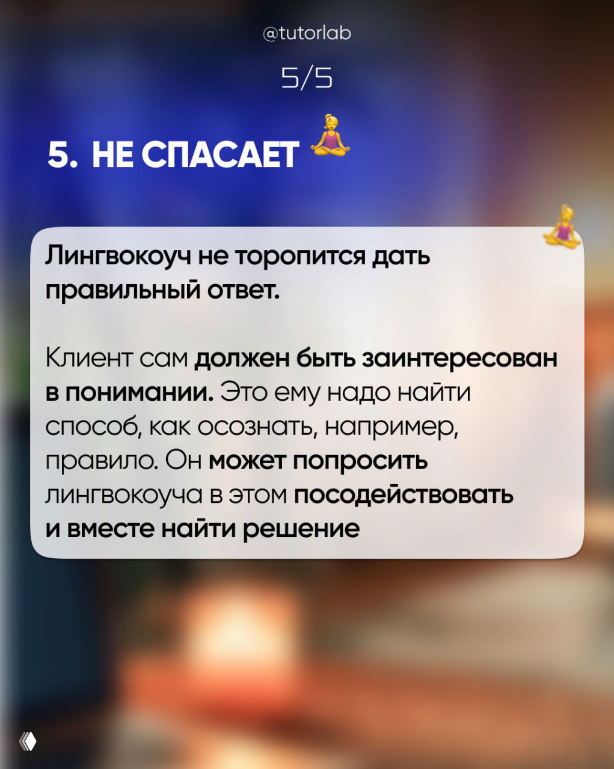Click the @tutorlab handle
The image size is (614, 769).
[x=307, y=32]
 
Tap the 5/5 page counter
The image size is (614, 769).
[x=307, y=78]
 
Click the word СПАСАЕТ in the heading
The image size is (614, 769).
[x=220, y=155]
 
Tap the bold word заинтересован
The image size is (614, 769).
[x=460, y=358]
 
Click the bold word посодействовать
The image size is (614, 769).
[x=404, y=495]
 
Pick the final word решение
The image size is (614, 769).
[x=301, y=529]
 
